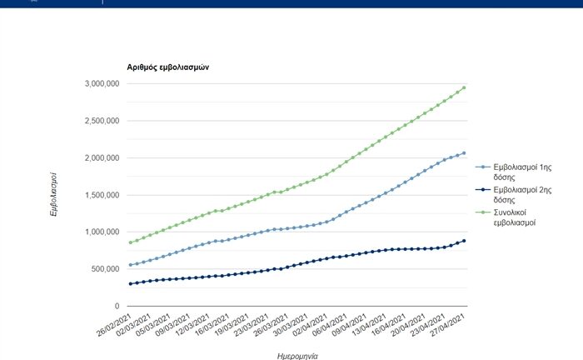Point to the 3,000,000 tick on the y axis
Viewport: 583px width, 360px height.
click(102, 84)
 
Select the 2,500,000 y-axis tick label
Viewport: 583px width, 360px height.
click(102, 121)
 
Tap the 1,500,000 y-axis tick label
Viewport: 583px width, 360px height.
click(102, 195)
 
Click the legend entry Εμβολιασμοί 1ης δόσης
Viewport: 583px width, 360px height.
click(515, 172)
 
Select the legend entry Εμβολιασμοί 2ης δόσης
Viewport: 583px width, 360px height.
click(515, 197)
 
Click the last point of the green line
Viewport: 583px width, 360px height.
click(464, 88)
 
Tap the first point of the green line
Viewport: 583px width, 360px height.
click(131, 242)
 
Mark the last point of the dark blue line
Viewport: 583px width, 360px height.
click(464, 241)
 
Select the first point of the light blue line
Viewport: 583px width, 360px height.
click(131, 265)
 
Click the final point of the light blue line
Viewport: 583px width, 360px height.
click(464, 153)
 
